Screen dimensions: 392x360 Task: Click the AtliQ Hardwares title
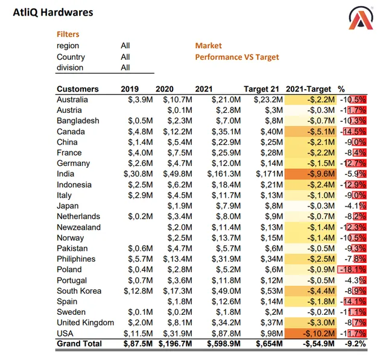pos(53,12)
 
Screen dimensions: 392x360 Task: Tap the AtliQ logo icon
pos(361,18)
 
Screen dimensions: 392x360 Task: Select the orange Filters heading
pos(68,34)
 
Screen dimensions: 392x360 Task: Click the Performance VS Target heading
pos(237,57)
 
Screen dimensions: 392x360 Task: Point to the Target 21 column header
pos(261,89)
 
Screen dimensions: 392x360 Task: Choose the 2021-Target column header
pos(308,89)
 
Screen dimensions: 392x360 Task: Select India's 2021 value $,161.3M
pos(224,174)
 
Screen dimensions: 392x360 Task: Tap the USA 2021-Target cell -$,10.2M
pos(318,333)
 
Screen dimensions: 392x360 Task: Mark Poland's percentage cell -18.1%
pos(353,270)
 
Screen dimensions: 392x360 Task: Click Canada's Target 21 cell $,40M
pos(272,131)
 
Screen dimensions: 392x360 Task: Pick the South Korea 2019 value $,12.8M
pos(138,291)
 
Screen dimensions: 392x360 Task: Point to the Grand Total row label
pos(79,344)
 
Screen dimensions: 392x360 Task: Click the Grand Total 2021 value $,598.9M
pos(224,344)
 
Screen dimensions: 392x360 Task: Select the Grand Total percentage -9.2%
pos(355,344)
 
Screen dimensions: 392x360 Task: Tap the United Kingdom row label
pos(85,323)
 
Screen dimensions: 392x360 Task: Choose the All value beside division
pos(125,68)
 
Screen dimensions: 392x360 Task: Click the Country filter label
pos(71,57)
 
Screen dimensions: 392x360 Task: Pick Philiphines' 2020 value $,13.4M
pos(178,259)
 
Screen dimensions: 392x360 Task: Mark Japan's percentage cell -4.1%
pos(355,206)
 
